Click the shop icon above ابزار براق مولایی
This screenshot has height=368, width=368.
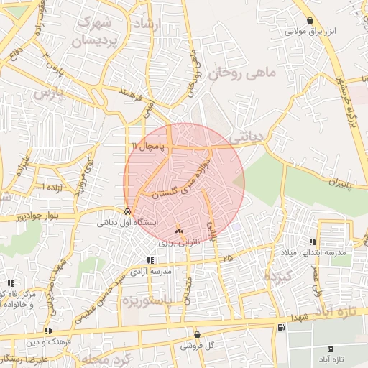click(x=310, y=21)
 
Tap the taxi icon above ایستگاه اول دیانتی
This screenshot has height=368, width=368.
click(x=127, y=212)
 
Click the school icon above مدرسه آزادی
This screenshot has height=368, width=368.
click(x=150, y=260)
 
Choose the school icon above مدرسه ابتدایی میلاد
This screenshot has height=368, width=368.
click(x=313, y=241)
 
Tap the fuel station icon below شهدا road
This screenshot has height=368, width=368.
click(x=280, y=328)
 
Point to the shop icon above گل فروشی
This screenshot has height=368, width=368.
click(x=198, y=334)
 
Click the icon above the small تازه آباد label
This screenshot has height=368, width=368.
click(x=331, y=347)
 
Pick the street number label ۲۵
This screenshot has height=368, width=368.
click(x=228, y=257)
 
